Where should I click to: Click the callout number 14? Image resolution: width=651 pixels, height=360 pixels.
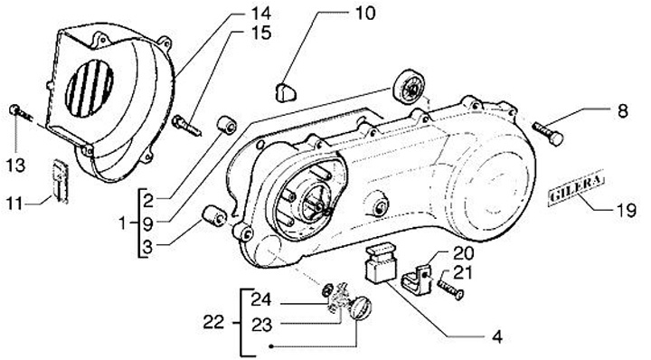pos(260,13)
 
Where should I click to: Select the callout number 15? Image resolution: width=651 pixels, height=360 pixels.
pos(260,33)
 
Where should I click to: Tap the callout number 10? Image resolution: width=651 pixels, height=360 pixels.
pos(365,13)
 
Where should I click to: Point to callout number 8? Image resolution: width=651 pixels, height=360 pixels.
pos(622,111)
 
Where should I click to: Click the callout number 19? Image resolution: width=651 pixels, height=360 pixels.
pos(626,211)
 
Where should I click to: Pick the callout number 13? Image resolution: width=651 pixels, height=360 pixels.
pos(15,166)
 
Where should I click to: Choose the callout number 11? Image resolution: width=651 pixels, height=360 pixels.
pos(14,204)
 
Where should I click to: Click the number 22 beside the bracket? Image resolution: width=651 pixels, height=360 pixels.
pos(213,323)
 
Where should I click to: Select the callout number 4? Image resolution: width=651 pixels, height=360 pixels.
pos(497,336)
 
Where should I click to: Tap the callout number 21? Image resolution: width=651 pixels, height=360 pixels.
pos(463,273)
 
